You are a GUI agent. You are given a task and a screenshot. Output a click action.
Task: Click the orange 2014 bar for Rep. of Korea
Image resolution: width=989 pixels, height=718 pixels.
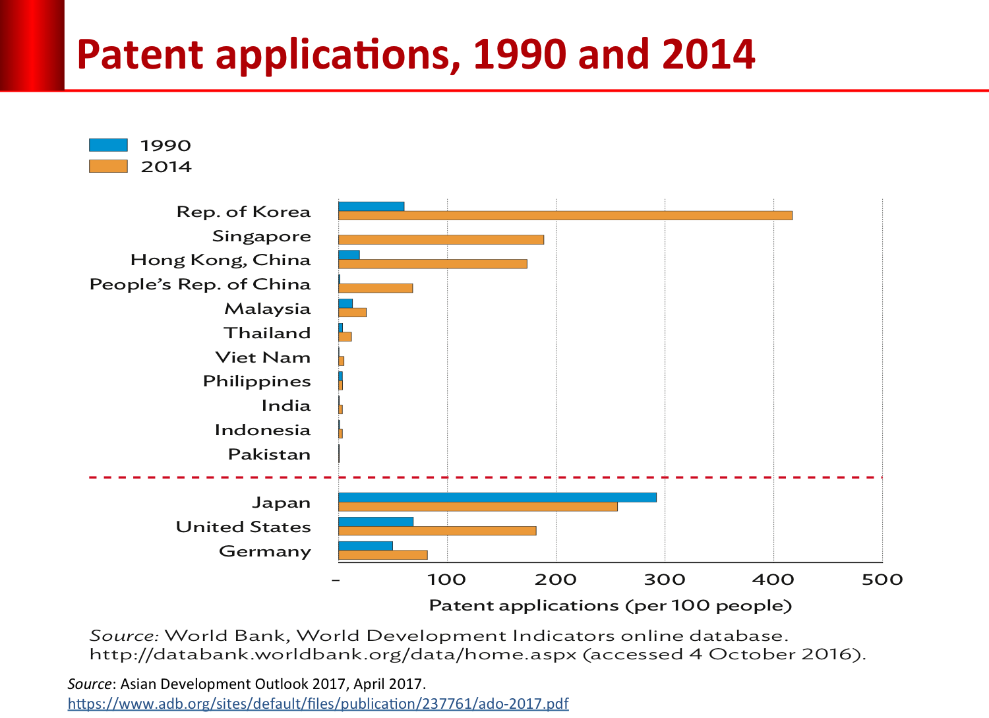point(565,216)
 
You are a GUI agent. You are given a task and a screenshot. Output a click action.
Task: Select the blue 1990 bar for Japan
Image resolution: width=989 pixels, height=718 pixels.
point(497,497)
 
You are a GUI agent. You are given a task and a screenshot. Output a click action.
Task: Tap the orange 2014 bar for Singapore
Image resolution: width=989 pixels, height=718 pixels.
point(441,239)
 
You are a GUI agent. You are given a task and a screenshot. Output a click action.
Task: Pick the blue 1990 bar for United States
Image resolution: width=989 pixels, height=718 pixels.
point(376,522)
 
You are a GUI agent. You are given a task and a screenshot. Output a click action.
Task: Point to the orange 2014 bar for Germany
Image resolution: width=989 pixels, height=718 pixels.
point(383,555)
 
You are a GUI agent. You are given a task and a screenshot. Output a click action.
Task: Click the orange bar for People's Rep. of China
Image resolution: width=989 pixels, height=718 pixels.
point(375,288)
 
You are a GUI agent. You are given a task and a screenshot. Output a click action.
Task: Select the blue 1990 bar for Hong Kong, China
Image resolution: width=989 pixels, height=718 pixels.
point(349,255)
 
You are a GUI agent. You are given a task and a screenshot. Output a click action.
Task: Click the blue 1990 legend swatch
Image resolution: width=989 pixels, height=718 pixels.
point(108,145)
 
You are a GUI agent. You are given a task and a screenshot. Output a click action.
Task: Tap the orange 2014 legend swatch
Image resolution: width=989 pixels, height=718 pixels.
point(108,166)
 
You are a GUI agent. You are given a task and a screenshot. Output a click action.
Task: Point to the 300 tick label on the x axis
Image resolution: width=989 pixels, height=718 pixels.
point(664,580)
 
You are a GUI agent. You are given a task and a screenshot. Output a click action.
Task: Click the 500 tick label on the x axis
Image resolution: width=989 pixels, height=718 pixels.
point(882,580)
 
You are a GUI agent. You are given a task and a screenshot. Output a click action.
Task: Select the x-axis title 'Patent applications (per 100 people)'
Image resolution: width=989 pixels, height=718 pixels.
point(610,605)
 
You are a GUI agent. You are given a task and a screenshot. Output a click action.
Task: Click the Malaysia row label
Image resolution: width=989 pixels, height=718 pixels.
point(268,309)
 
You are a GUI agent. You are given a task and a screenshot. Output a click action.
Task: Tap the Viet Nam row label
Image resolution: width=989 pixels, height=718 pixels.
point(263,357)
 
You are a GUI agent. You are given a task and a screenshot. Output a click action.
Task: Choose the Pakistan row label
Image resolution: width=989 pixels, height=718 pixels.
point(269,454)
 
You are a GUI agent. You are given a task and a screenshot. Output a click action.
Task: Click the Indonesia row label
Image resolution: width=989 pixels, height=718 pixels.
point(262,430)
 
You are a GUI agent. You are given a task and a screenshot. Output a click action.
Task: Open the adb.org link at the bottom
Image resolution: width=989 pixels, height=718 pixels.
point(318,703)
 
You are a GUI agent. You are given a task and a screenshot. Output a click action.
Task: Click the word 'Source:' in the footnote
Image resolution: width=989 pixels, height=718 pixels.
point(124,636)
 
